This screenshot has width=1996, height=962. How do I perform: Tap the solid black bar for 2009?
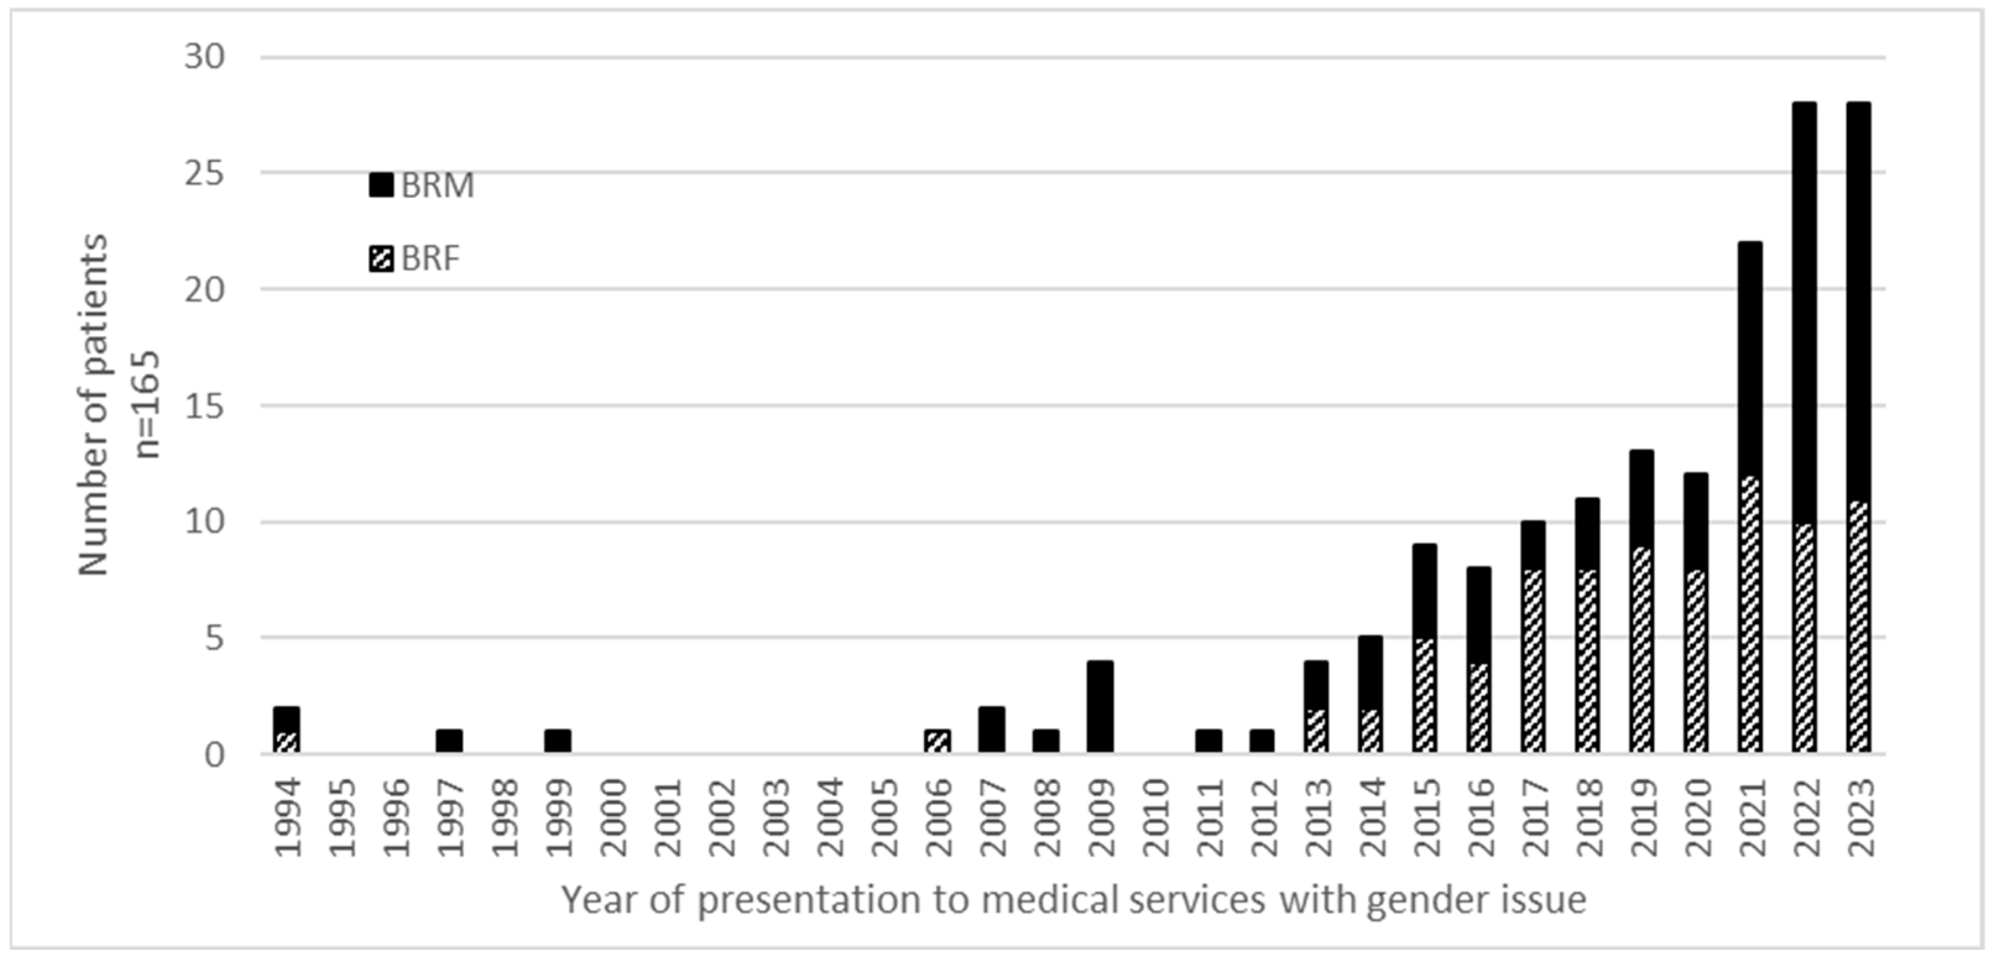coord(1100,707)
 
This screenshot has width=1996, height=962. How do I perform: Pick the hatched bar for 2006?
coord(937,741)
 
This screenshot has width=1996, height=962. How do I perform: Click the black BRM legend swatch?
coord(380,185)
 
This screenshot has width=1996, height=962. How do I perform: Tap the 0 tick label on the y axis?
coord(214,755)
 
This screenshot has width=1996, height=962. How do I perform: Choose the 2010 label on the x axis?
coord(1155,818)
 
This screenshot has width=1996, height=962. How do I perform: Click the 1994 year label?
coord(288,818)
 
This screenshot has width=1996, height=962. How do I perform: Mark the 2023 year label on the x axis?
coord(1860,818)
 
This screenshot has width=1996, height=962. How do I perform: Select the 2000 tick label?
coord(613,818)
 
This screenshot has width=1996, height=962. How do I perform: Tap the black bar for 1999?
coord(557,741)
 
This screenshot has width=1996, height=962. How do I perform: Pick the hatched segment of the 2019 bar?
coord(1641,650)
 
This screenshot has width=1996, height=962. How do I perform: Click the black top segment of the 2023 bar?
coord(1858,302)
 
